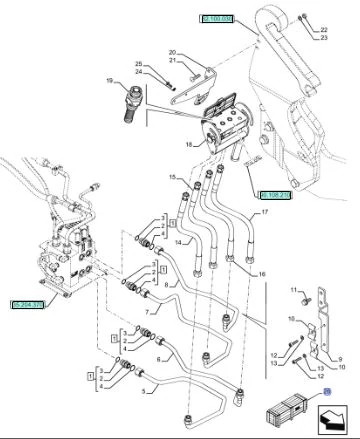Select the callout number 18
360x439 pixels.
[x=187, y=146]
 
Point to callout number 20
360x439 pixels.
[x=171, y=52]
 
